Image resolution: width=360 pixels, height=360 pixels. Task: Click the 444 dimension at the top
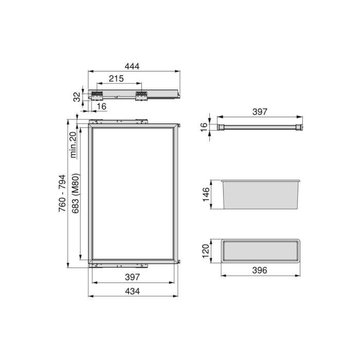point(133,66)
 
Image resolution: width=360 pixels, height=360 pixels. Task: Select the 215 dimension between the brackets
point(117,79)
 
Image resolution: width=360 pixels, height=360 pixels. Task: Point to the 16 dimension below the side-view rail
point(101,106)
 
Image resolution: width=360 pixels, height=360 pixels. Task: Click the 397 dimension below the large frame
point(133,278)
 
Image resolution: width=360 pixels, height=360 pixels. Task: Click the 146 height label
point(206,195)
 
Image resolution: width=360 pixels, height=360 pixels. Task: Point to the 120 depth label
point(205,251)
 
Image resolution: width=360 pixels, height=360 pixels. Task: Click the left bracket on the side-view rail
point(97,95)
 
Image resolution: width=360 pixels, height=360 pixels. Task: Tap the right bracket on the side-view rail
point(141,95)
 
